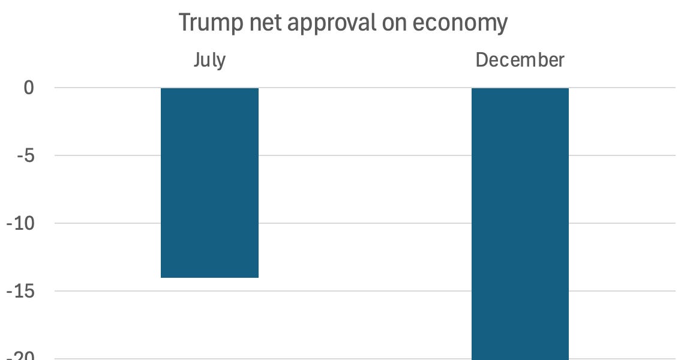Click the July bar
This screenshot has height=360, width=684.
click(x=209, y=183)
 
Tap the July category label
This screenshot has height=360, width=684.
click(x=209, y=60)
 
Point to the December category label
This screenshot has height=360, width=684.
click(x=520, y=60)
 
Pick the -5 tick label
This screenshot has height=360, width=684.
click(x=25, y=155)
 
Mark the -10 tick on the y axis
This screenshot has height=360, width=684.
click(x=22, y=223)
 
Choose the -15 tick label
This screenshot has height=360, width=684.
click(x=22, y=291)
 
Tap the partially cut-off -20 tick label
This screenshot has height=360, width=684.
click(x=22, y=356)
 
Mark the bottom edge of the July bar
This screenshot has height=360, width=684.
click(x=209, y=277)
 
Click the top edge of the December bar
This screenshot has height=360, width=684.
click(x=520, y=89)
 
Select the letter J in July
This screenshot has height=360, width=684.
click(x=197, y=60)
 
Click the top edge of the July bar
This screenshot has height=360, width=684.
click(x=209, y=89)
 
